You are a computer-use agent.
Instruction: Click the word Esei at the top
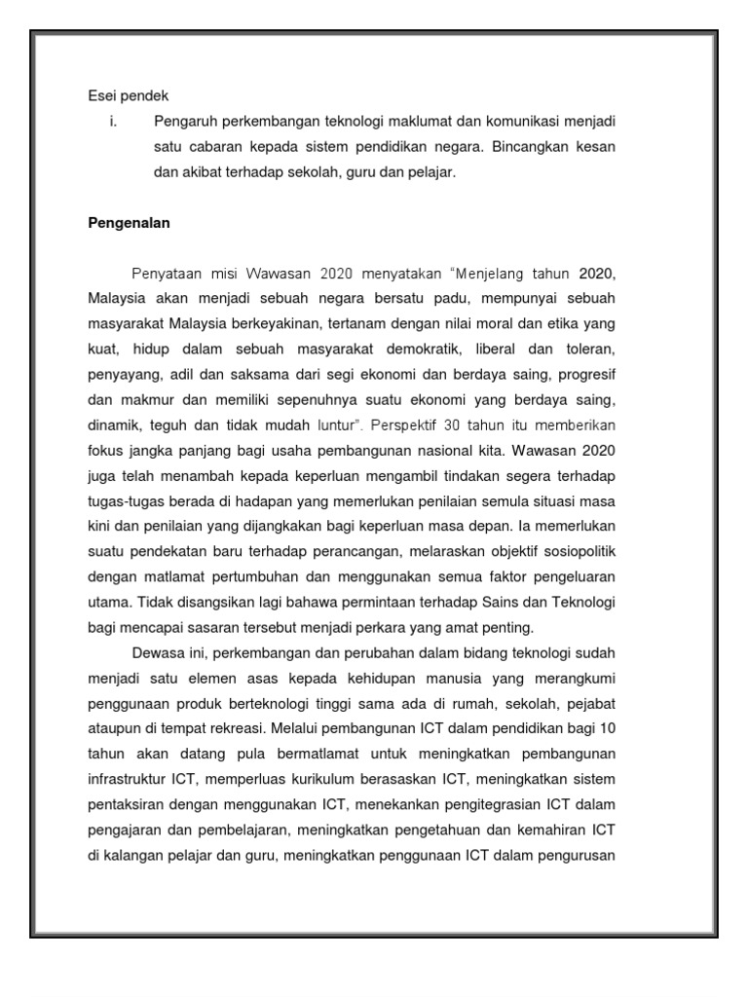101,95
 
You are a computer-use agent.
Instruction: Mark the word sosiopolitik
578,551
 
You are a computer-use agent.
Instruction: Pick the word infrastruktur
125,779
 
